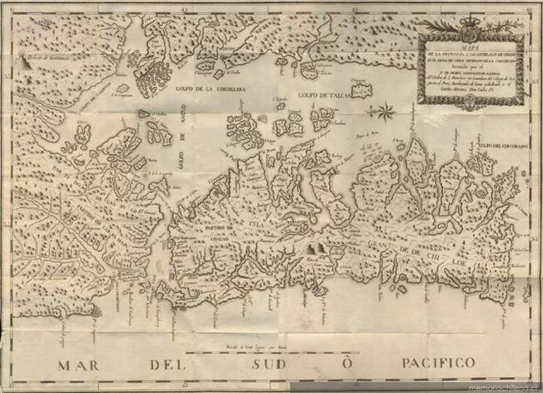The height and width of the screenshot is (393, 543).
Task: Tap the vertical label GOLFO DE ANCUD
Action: [x=181, y=139]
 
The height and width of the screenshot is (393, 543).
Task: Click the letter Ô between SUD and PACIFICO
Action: [x=346, y=362]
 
